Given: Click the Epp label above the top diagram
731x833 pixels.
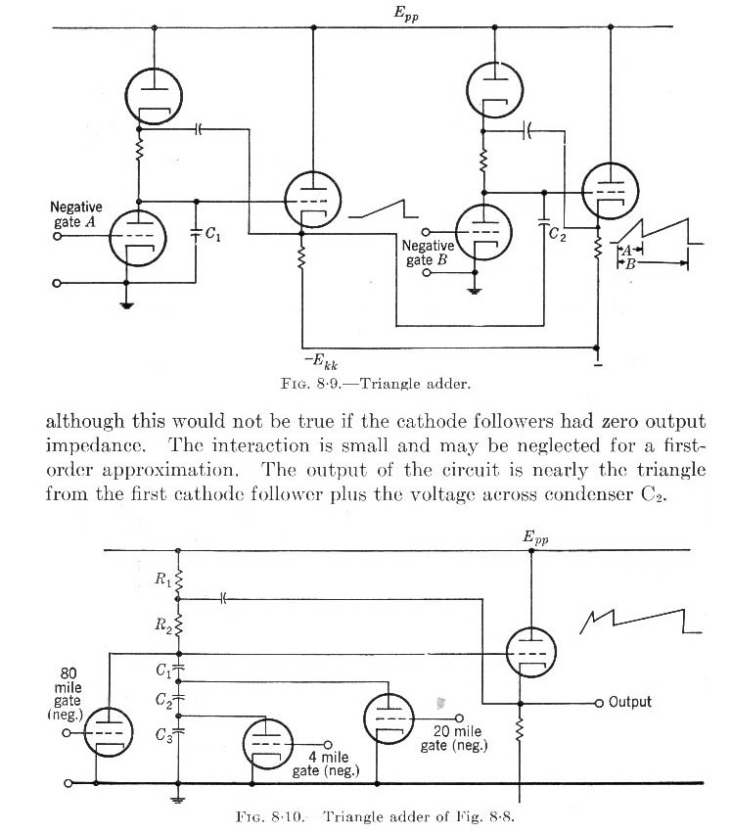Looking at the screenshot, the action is click(x=406, y=14).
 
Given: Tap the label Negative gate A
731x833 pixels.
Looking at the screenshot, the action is click(x=76, y=214).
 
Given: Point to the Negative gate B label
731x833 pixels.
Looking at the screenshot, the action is click(x=428, y=253).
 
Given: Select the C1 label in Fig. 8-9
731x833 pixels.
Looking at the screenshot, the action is click(x=213, y=233).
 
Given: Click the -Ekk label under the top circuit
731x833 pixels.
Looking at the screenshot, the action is click(x=321, y=362).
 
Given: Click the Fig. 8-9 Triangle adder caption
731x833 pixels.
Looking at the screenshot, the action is click(x=376, y=384).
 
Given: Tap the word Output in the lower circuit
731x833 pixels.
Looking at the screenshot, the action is click(x=629, y=702).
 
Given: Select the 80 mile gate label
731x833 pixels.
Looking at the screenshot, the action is click(x=68, y=694).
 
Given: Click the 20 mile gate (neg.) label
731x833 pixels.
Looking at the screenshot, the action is click(x=454, y=738).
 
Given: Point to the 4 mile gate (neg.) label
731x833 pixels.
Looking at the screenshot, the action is click(x=326, y=764).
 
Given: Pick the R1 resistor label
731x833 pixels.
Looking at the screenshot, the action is click(x=163, y=579).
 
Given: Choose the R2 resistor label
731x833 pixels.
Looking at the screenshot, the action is click(x=163, y=625).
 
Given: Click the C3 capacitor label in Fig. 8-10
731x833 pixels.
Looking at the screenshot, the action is click(x=163, y=735).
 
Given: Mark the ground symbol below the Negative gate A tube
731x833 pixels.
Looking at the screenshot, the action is click(x=126, y=305).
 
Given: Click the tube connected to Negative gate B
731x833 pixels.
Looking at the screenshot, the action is click(x=483, y=232).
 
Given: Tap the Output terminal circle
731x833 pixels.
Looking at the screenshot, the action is click(x=599, y=703).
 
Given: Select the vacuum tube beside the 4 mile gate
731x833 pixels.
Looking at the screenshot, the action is click(x=267, y=744).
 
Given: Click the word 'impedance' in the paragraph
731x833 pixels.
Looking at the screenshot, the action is click(x=95, y=445).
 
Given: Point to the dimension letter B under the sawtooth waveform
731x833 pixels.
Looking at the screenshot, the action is click(x=630, y=264).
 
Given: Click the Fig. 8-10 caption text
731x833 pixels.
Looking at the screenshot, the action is click(x=375, y=816).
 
